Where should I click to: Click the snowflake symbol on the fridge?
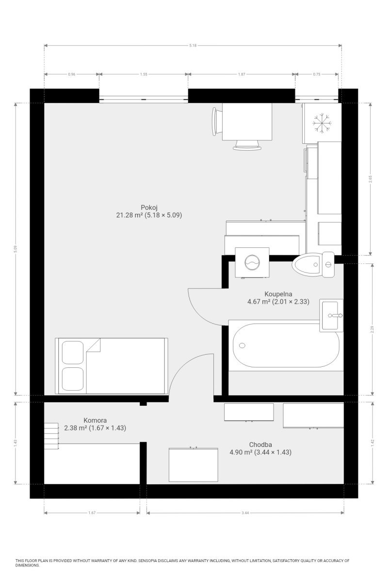tap(322, 123)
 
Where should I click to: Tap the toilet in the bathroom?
tap(313, 264)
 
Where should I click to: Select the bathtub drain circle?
tap(242, 345)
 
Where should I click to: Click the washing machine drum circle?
tap(252, 262)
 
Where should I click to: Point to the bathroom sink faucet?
tap(335, 315)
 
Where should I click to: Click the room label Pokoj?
tap(149, 207)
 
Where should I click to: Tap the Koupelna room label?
tap(278, 294)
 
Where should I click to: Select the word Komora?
tap(95, 420)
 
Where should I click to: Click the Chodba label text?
tap(260, 445)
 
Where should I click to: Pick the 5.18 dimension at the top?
tap(193, 46)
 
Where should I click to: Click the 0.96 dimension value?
tap(71, 74)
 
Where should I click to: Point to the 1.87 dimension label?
tap(242, 74)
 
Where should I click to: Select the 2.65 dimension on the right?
tap(371, 179)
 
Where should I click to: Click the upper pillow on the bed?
tap(73, 352)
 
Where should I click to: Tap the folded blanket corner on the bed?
tap(94, 345)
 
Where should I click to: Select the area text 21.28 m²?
tap(129, 215)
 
